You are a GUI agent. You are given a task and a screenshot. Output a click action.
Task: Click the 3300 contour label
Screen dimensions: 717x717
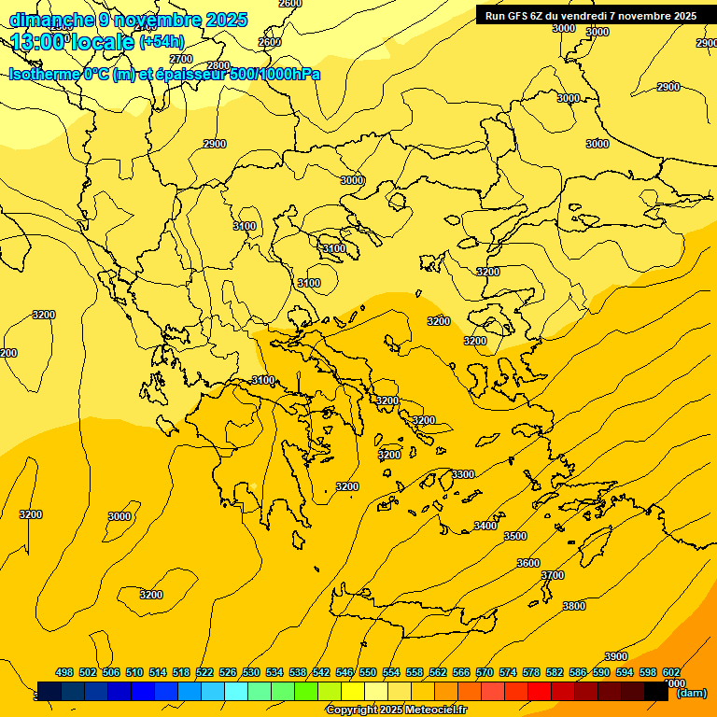[x=463, y=475]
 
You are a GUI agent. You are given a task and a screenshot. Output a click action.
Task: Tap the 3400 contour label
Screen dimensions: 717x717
[x=485, y=527]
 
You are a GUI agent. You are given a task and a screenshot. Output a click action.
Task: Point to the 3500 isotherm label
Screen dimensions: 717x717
[x=515, y=537]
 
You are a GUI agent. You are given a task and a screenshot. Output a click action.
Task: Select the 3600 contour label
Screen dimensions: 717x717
[x=528, y=563]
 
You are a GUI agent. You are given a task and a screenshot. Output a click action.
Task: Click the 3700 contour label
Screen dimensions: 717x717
[x=553, y=576]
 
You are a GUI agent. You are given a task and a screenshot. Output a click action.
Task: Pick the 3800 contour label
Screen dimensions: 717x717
[x=574, y=607]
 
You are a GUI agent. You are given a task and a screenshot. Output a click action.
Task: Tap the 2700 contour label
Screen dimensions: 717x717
[x=181, y=59]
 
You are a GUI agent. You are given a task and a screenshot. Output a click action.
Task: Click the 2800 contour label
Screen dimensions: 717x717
[x=218, y=65]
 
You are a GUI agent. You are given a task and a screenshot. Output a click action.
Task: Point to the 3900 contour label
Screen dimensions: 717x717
[x=616, y=656]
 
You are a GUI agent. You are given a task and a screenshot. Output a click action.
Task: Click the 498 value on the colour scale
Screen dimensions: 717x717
[x=64, y=672]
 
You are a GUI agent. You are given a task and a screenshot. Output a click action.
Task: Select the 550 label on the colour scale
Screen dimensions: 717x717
[x=368, y=672]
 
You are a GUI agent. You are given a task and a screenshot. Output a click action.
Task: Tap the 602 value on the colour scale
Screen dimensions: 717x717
[x=671, y=672]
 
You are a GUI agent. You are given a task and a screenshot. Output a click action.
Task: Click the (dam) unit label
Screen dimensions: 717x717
[x=691, y=693]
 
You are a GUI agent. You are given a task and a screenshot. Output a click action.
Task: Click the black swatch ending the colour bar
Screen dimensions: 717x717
[x=656, y=692]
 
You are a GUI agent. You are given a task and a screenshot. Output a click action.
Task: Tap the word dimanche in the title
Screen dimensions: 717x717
[x=49, y=19]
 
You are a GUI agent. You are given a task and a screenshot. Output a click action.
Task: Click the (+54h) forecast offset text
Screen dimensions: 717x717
[x=162, y=42]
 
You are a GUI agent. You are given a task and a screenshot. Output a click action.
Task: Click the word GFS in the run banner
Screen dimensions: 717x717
[x=521, y=16]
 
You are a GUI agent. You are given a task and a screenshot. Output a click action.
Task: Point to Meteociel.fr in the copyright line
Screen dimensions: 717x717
[x=435, y=710]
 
